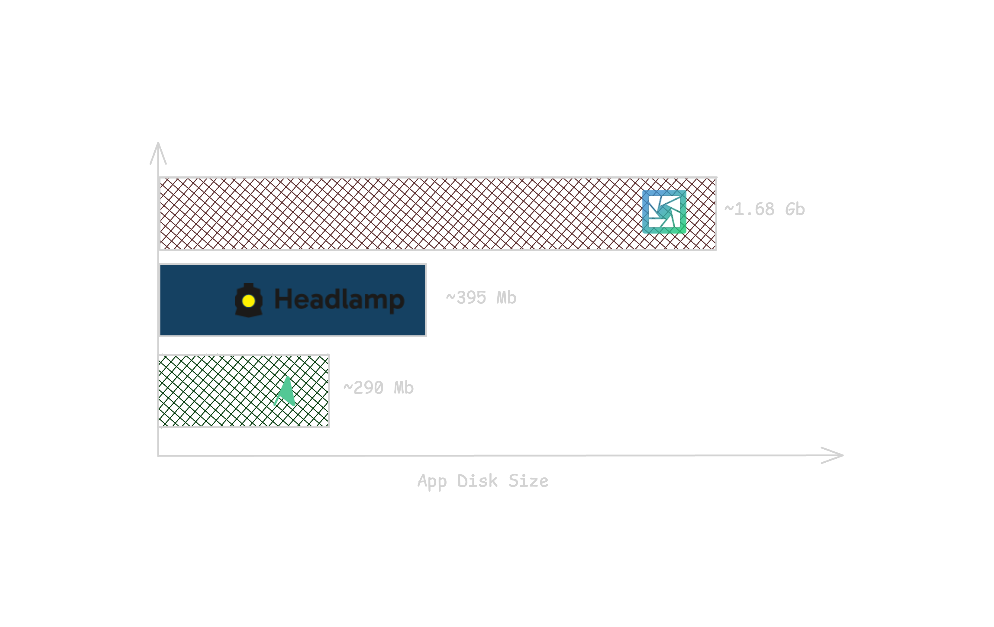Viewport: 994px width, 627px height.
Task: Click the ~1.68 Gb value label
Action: tap(764, 209)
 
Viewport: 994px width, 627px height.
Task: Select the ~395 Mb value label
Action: tap(481, 298)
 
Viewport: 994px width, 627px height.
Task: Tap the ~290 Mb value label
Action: tap(378, 388)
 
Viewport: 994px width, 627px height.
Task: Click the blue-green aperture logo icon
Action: tap(664, 212)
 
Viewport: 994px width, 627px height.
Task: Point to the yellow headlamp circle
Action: tap(248, 301)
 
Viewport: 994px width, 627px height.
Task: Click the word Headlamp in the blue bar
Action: tap(339, 299)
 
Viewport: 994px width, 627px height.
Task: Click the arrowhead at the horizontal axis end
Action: tap(836, 455)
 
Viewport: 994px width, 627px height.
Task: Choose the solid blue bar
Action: tap(194, 300)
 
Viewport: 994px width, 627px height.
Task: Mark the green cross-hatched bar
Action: tap(215, 391)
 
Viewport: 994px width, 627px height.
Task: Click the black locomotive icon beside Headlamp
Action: tap(248, 300)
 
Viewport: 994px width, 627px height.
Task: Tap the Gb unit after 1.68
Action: tap(795, 209)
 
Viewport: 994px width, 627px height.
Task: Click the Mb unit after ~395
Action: tap(506, 298)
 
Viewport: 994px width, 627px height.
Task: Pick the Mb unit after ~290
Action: tap(404, 388)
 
